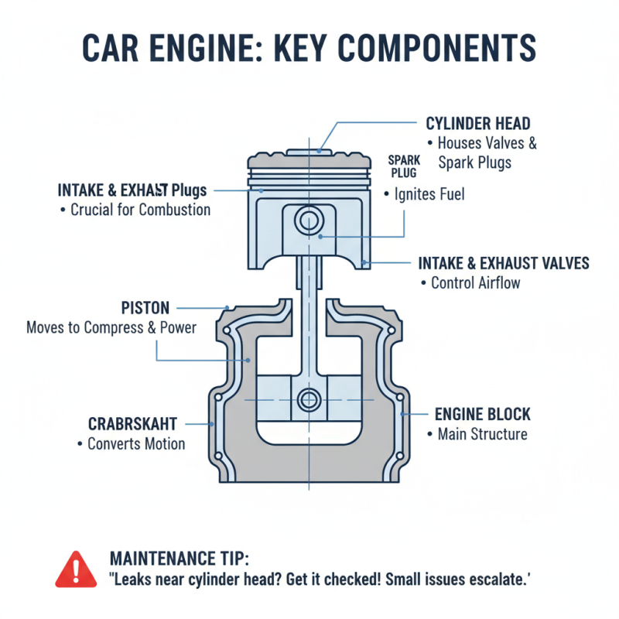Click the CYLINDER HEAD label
[478, 124]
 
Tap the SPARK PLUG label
[403, 166]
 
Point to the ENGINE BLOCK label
[482, 414]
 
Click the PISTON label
[145, 308]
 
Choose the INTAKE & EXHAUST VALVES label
[503, 263]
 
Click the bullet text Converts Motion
[135, 444]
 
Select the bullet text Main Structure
[481, 434]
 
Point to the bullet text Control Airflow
[474, 283]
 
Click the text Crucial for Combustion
[139, 210]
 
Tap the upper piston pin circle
[309, 221]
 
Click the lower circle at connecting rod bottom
[309, 400]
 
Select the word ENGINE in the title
[221, 48]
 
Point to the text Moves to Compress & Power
[111, 328]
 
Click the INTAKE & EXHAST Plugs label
[132, 190]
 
